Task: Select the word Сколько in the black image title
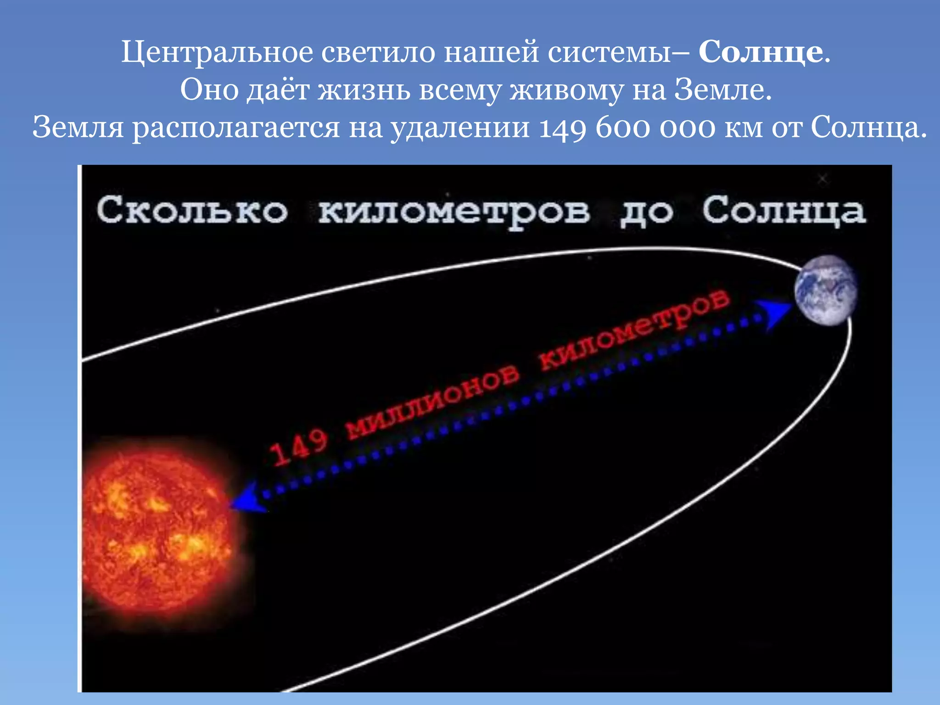(x=192, y=210)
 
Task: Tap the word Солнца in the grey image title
(x=784, y=211)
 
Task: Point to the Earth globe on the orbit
(x=826, y=291)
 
